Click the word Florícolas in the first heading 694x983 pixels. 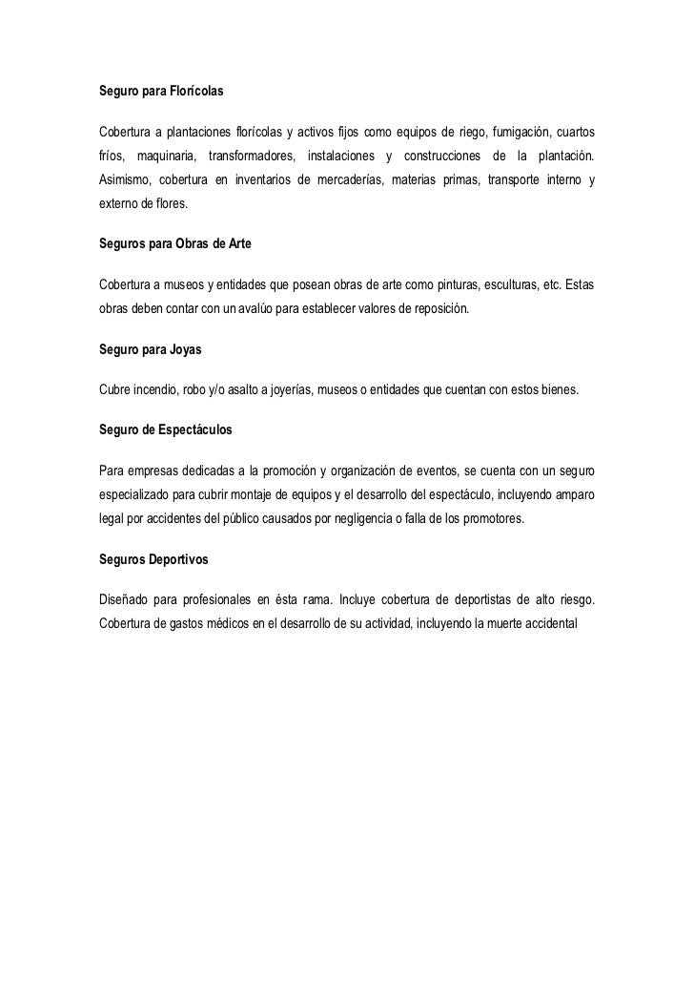point(195,94)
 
